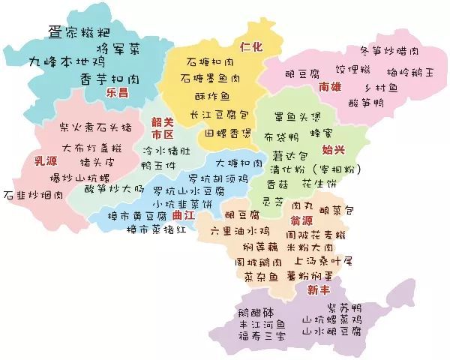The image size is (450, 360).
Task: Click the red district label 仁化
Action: [x=252, y=46]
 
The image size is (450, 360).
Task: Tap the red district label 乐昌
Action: [x=118, y=94]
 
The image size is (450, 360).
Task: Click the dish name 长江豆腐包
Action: [x=219, y=115]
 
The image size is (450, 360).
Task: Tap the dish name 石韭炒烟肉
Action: [x=33, y=195]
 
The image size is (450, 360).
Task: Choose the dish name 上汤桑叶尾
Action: [x=324, y=261]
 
